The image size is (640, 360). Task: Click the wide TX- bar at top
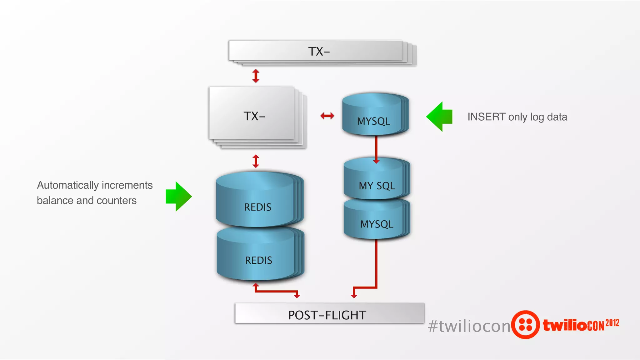(319, 51)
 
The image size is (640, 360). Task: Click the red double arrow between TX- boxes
(256, 76)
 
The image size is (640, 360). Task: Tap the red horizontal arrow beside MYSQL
(327, 116)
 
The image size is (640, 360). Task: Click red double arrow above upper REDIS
(256, 161)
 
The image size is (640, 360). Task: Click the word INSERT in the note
(486, 117)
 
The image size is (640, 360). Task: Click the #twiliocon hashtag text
(469, 326)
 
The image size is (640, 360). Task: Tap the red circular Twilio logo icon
(526, 325)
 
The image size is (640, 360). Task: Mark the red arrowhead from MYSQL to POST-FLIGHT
(354, 296)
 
